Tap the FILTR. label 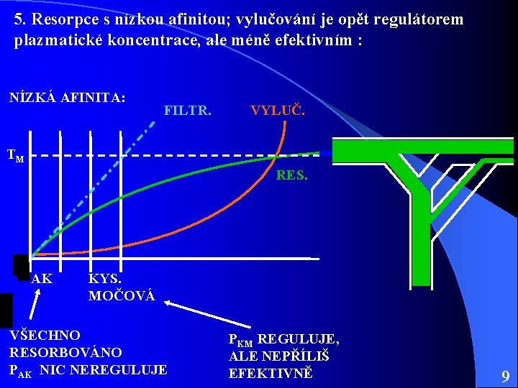pos(188,111)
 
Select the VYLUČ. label pos(278,111)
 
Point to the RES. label pos(291,174)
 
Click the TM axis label pos(15,154)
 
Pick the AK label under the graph pos(42,278)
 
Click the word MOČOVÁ pos(122,295)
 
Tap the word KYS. pos(105,278)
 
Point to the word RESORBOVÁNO pos(65,352)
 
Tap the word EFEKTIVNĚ pos(271,373)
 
